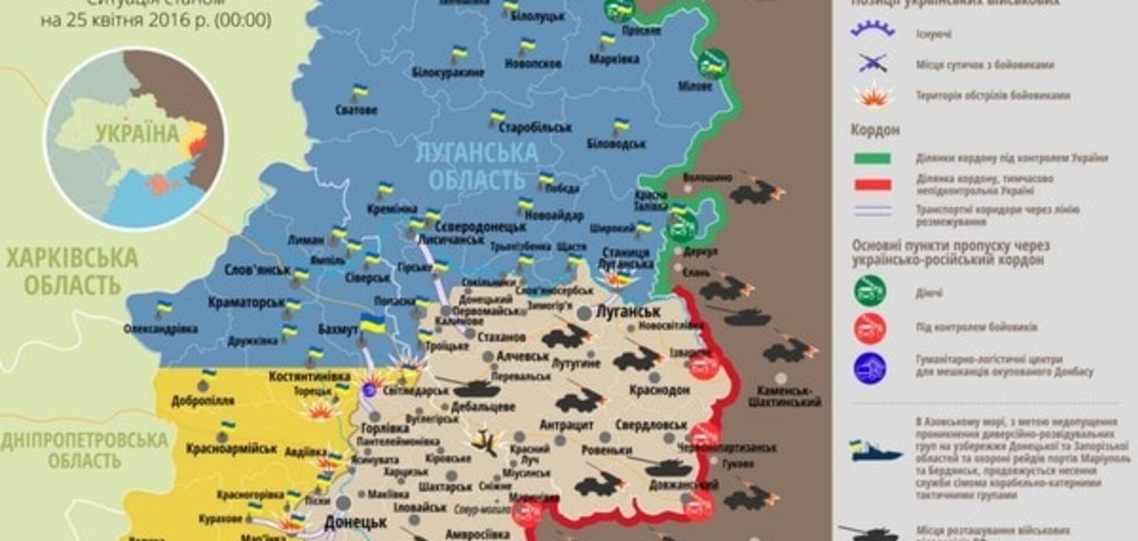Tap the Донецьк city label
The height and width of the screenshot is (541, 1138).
pos(355,522)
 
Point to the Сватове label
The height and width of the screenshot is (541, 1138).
pos(357,109)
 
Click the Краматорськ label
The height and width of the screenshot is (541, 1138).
pos(246,303)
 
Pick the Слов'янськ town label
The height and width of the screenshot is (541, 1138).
pos(257,270)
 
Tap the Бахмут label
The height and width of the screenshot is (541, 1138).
pos(338,330)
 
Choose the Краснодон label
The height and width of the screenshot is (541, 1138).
pos(659,390)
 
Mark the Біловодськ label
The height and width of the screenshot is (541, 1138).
pos(616,143)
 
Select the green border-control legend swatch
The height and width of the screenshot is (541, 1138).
pos(872,158)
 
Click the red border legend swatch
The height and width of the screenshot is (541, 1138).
pos(872,185)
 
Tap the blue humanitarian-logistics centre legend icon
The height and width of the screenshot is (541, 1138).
pos(870,368)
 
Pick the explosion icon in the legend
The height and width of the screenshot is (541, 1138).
pos(873,95)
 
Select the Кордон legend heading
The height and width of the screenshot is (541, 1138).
pos(875,129)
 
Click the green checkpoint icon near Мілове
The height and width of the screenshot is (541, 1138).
pos(713,64)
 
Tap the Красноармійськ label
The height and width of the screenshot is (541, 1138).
pos(231,449)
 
